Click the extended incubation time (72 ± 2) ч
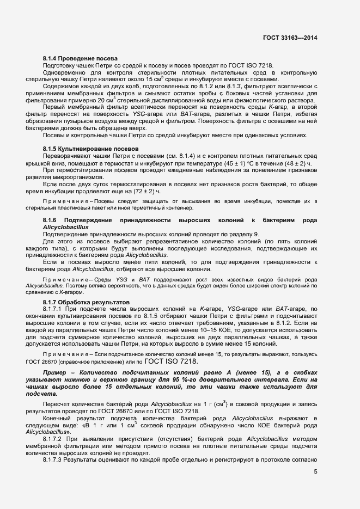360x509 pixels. click(x=145, y=192)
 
